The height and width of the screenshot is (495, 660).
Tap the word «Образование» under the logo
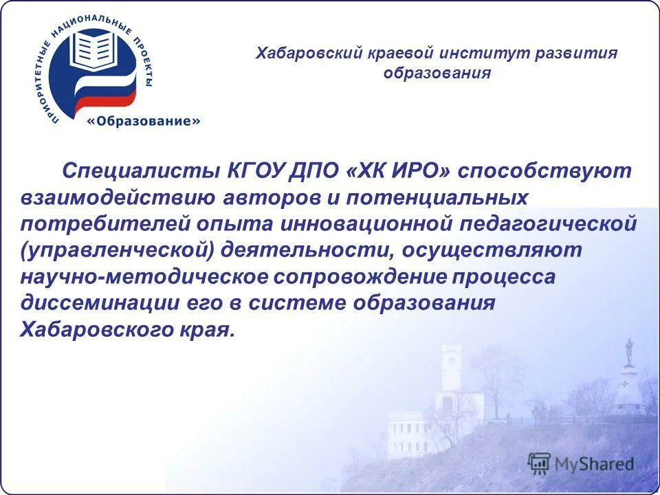[x=144, y=121]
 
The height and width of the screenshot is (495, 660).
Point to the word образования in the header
[x=437, y=74]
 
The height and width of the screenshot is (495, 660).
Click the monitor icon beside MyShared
[x=539, y=463]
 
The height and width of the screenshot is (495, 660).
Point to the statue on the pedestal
[x=628, y=351]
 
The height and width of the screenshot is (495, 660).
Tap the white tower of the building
[x=451, y=375]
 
